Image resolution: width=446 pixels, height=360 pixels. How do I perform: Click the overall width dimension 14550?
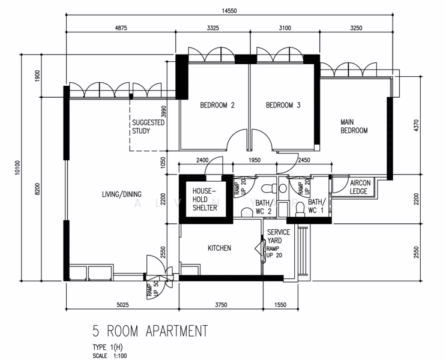229,11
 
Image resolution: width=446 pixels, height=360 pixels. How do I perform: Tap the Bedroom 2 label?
217,105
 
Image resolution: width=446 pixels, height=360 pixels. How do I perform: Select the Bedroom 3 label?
283,105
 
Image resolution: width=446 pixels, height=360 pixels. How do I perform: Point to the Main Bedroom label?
354,126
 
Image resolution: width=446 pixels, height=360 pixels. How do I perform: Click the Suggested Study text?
148,127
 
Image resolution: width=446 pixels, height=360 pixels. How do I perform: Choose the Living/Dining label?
122,194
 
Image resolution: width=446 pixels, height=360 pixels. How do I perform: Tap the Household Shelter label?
205,199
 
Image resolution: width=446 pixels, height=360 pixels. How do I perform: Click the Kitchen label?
219,248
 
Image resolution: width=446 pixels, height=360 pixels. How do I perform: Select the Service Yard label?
279,236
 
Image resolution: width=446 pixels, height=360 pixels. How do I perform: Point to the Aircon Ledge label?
360,187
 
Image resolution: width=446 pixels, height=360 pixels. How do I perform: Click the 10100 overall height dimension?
18,167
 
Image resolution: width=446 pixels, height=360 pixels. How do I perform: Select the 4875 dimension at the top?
121,28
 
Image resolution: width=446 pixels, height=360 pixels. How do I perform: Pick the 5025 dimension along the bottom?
122,305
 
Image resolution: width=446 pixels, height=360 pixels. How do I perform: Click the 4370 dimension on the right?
416,125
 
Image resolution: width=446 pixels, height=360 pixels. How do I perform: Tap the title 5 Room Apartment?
150,331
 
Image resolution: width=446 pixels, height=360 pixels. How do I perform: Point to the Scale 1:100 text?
110,356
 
